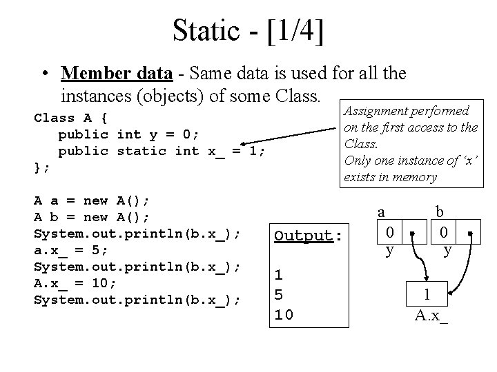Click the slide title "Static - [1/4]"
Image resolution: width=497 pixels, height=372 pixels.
[248, 30]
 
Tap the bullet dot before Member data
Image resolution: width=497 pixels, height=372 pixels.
[45, 73]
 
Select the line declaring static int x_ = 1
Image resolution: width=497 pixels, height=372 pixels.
[162, 151]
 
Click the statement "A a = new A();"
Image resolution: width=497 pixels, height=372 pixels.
[92, 200]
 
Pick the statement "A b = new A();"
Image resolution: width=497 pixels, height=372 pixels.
[92, 217]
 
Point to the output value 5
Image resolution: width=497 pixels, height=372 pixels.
[279, 294]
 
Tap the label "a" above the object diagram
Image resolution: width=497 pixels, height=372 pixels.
[380, 213]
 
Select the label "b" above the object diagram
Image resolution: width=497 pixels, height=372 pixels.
[438, 213]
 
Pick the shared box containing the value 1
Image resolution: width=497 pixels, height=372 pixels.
[427, 294]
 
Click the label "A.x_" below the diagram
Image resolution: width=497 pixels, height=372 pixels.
[431, 316]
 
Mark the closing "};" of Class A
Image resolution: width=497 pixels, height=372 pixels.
[42, 167]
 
